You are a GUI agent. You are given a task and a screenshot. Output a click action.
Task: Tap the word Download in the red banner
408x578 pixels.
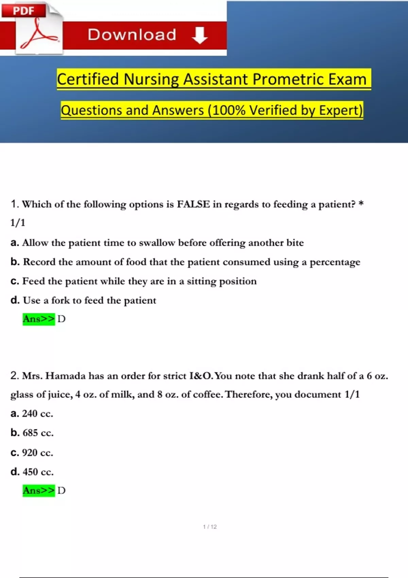tap(132, 35)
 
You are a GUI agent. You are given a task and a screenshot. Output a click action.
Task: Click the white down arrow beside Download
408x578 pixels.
tap(200, 35)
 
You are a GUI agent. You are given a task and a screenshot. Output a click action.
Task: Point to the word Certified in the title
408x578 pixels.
tap(88, 79)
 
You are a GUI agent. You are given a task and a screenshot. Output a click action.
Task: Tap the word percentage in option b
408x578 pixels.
tap(335, 262)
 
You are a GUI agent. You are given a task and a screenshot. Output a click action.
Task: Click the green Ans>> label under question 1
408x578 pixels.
tap(38, 319)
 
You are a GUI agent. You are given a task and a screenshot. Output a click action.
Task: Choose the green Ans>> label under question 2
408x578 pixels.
tap(38, 490)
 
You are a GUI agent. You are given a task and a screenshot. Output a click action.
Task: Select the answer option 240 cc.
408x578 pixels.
tap(37, 413)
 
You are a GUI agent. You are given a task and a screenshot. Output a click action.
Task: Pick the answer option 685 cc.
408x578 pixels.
tap(37, 433)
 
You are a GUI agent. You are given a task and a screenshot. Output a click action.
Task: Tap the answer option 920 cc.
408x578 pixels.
tap(37, 453)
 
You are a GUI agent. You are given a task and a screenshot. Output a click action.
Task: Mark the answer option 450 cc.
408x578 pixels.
tap(37, 472)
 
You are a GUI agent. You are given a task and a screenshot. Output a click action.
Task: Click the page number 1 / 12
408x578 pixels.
tap(210, 527)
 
